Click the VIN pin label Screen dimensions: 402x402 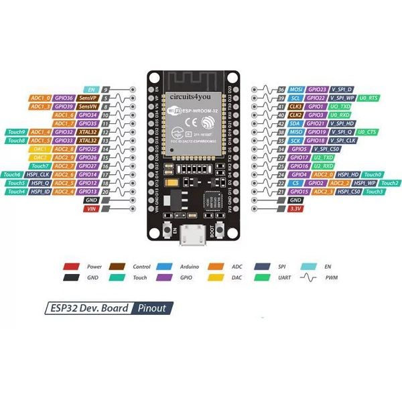91,209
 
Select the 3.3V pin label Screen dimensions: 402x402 295,209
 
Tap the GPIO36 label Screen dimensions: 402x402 64,98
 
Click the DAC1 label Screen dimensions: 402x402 40,149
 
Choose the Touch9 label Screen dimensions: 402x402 16,132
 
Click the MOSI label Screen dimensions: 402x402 295,89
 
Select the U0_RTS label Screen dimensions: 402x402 369,98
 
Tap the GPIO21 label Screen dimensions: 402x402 318,123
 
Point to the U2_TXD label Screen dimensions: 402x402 342,157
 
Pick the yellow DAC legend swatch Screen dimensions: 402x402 216,277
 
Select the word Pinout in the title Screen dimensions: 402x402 153,309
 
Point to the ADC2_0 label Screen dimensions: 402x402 320,174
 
